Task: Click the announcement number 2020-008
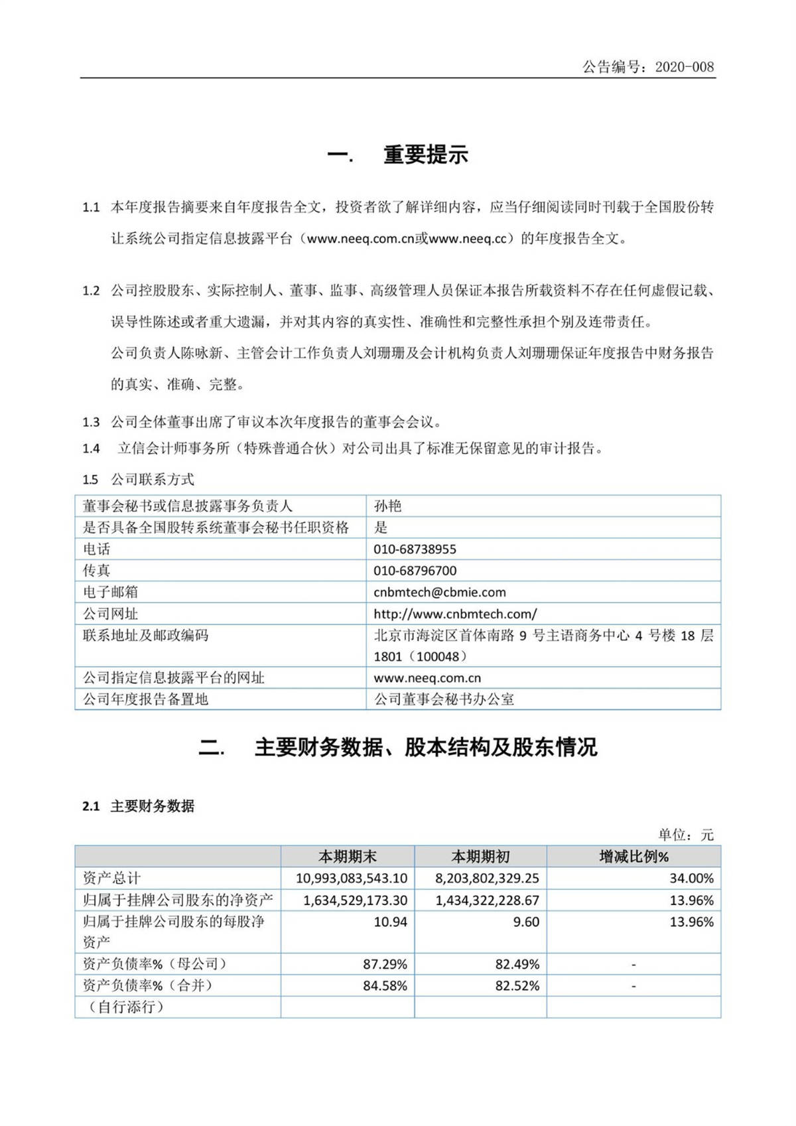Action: click(x=684, y=67)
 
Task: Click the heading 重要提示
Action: click(x=425, y=155)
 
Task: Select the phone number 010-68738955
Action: click(x=415, y=549)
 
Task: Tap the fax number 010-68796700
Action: click(x=415, y=571)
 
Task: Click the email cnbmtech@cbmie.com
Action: click(x=439, y=592)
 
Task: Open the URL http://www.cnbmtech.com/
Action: click(x=455, y=614)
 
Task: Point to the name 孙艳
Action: click(x=387, y=506)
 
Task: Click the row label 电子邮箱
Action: click(x=110, y=592)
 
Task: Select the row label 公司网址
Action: click(x=110, y=614)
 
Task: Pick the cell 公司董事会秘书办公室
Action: click(x=444, y=699)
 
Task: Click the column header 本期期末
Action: click(x=348, y=857)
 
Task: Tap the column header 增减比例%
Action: click(x=633, y=857)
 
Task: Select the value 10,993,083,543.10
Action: click(x=351, y=879)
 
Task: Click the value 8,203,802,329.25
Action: click(x=487, y=879)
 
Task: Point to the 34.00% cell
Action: click(x=691, y=879)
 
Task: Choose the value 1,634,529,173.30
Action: click(x=355, y=900)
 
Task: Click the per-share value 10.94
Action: click(x=390, y=922)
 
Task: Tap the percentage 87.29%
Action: click(x=385, y=964)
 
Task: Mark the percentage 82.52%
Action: click(x=517, y=986)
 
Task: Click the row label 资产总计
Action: click(x=111, y=879)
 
